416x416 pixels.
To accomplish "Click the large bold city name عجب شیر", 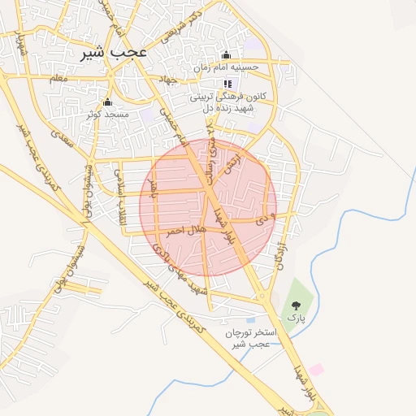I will coord(114,52).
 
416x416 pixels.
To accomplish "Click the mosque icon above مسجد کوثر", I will coord(106,102).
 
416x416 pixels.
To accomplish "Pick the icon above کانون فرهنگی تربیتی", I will coord(227,84).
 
